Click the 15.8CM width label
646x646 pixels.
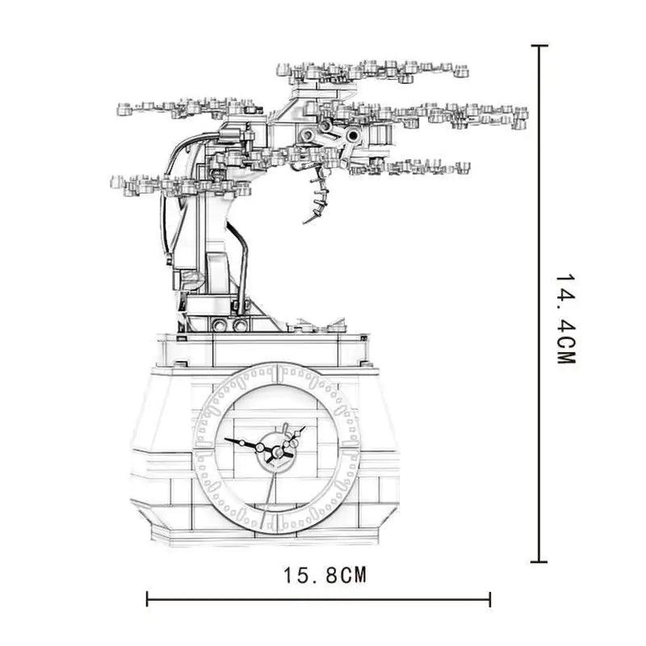(x=325, y=575)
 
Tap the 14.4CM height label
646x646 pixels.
(x=565, y=319)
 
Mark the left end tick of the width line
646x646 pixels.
(x=147, y=599)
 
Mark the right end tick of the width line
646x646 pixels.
(x=490, y=599)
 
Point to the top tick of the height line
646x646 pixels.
(x=539, y=46)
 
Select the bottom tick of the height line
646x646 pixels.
(x=539, y=561)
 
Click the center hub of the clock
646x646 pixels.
(x=279, y=452)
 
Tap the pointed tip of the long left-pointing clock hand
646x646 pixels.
(x=225, y=439)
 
